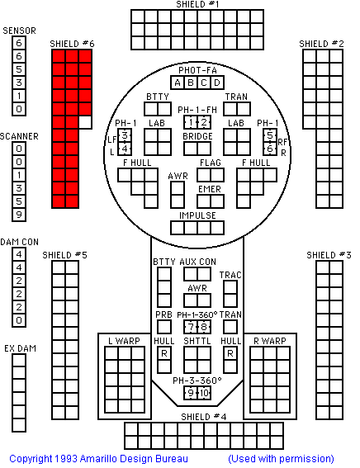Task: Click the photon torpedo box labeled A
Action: pyautogui.click(x=178, y=83)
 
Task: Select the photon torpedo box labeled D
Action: pyautogui.click(x=217, y=83)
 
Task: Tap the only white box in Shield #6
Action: pyautogui.click(x=85, y=122)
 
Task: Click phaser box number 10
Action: pyautogui.click(x=204, y=393)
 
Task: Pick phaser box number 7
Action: pyautogui.click(x=191, y=327)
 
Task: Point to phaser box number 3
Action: pyautogui.click(x=125, y=135)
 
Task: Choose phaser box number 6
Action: pyautogui.click(x=270, y=149)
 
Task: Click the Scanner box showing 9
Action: pyautogui.click(x=19, y=215)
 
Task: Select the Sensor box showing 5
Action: pyautogui.click(x=19, y=69)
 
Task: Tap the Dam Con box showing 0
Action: pyautogui.click(x=19, y=320)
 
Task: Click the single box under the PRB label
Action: pyautogui.click(x=164, y=327)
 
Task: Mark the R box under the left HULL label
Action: pyautogui.click(x=164, y=353)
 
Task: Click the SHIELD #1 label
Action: pyautogui.click(x=197, y=4)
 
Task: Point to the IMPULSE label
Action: pyautogui.click(x=197, y=215)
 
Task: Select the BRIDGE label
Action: pyautogui.click(x=197, y=136)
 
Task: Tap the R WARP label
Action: pyautogui.click(x=270, y=341)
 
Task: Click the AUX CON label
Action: pyautogui.click(x=197, y=262)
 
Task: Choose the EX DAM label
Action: pyautogui.click(x=20, y=348)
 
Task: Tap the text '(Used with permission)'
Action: pyautogui.click(x=281, y=459)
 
